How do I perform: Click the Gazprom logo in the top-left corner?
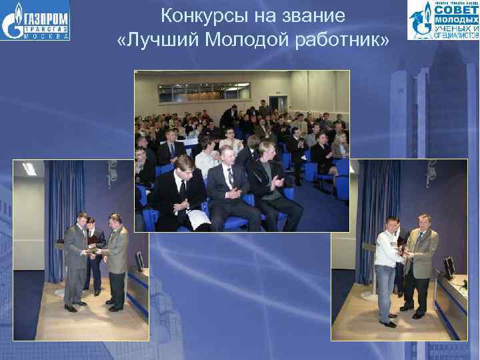click(35, 20)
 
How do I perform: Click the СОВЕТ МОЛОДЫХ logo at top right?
click(443, 20)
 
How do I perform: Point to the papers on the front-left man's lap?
click(198, 218)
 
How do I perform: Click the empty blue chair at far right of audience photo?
click(341, 187)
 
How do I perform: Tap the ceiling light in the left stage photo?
click(29, 169)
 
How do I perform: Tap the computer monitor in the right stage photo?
click(450, 267)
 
